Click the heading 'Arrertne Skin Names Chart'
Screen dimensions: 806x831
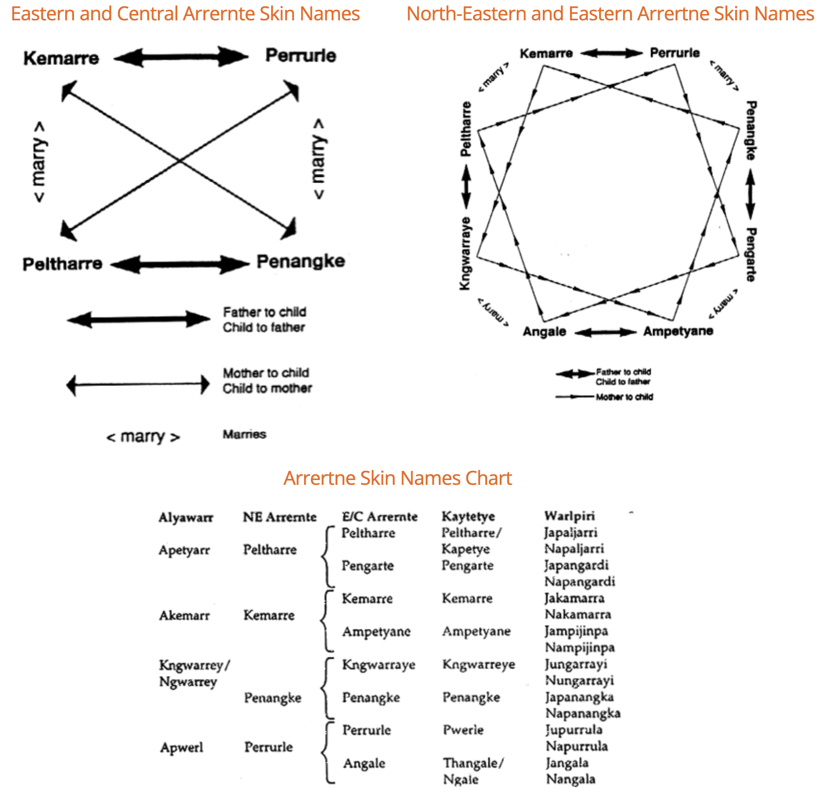coord(398,478)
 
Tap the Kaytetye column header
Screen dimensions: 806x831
coord(468,516)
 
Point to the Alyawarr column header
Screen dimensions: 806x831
coord(186,517)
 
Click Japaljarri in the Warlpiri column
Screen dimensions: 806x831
coord(570,532)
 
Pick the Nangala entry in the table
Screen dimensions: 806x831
coord(570,779)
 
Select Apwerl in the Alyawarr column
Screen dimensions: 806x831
coord(182,747)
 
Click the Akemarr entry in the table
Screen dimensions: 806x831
coord(185,615)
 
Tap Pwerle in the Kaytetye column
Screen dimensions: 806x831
coord(463,729)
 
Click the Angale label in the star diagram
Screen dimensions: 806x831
coord(544,332)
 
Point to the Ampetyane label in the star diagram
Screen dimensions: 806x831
coord(678,331)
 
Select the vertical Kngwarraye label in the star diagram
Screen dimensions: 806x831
coord(465,254)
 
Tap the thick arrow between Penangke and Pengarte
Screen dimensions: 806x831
coord(750,194)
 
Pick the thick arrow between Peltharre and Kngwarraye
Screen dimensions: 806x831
coord(466,186)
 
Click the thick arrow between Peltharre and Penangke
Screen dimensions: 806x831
coord(181,264)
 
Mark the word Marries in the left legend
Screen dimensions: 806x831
coord(244,434)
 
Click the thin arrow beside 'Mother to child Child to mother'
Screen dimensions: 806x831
coord(138,385)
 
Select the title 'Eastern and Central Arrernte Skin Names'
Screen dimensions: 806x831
coord(185,14)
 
